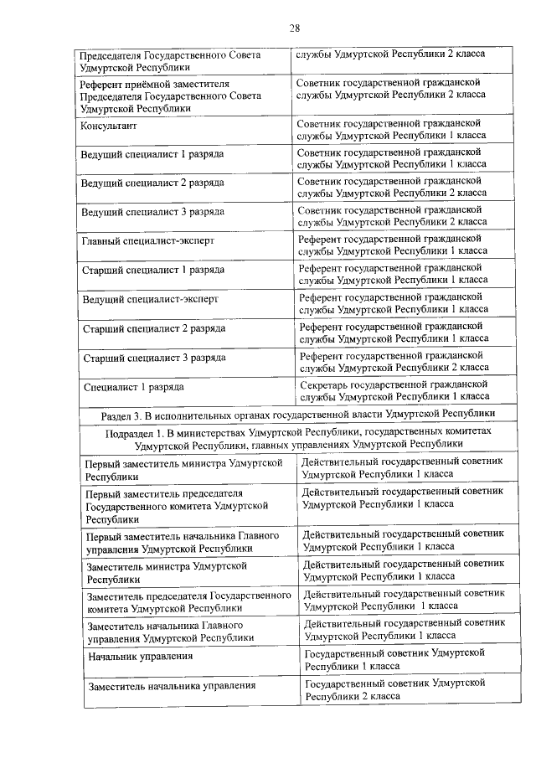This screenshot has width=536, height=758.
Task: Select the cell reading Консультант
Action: point(109,126)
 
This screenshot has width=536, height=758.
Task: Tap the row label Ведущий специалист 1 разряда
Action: point(152,155)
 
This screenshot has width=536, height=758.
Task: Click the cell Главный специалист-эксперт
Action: point(148,241)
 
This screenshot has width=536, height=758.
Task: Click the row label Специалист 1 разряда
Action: point(134,387)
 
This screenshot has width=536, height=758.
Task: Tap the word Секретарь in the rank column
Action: point(322,384)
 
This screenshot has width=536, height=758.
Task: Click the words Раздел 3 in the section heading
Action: point(126,415)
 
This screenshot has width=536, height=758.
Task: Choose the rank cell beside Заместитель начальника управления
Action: point(394,689)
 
